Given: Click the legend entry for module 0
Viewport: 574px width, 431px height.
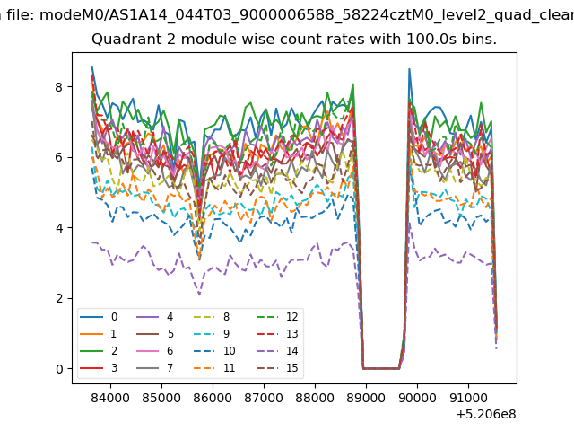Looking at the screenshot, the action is click(x=99, y=317).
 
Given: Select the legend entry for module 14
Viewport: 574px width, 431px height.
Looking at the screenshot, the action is click(x=277, y=351).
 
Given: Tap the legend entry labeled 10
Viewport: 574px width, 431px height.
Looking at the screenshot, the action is click(x=214, y=351).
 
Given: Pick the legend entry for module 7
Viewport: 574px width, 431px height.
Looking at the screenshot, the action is click(x=155, y=367).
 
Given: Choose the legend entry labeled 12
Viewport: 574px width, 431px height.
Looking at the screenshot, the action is click(x=277, y=317).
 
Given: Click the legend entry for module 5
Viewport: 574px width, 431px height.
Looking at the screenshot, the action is click(x=155, y=334).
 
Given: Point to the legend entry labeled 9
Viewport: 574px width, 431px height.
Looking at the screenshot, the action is click(x=212, y=334).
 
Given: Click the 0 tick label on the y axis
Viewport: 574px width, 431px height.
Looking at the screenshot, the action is click(x=59, y=369).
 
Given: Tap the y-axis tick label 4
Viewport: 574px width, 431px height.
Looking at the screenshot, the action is click(x=59, y=228).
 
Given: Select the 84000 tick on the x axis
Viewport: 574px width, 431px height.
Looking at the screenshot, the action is click(x=110, y=398).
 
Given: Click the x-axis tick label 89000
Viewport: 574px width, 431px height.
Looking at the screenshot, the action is click(x=366, y=398).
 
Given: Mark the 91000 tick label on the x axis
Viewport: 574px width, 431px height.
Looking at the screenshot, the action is click(x=468, y=398).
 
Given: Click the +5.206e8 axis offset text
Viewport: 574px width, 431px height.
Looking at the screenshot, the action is click(x=486, y=415).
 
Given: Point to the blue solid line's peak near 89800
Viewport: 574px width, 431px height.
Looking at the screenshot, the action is click(x=409, y=69).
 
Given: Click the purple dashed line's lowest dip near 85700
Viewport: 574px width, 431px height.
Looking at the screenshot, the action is click(x=199, y=295).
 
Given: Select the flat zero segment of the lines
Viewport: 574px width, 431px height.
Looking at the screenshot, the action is click(x=381, y=368).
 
